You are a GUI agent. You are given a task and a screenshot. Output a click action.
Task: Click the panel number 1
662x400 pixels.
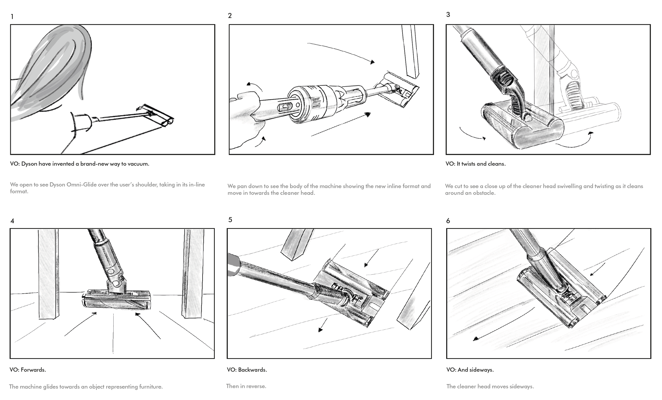12,17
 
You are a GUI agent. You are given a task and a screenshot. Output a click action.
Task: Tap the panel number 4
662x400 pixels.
12,221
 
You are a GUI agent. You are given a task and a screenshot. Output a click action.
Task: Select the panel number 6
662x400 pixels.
448,221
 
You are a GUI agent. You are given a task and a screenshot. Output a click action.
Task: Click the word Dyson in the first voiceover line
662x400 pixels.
29,164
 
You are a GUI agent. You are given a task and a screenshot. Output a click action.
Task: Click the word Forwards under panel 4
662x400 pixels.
33,370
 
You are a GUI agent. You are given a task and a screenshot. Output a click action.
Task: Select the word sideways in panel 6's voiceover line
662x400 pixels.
481,370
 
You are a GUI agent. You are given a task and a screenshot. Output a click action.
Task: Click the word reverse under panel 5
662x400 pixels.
256,386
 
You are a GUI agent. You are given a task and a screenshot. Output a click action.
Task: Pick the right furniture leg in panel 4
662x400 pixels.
193,274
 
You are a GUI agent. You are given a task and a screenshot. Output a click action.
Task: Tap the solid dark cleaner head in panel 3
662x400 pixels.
521,126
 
